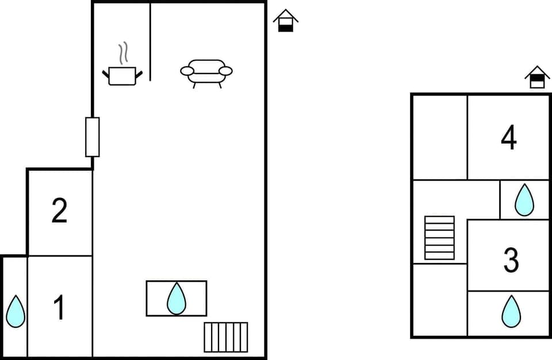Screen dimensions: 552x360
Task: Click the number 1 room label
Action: [x=59, y=307]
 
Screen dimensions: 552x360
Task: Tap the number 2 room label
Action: [x=59, y=210]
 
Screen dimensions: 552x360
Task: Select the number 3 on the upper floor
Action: [x=511, y=260]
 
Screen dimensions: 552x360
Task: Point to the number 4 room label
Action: [x=509, y=138]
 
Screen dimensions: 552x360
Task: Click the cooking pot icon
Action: [x=122, y=76]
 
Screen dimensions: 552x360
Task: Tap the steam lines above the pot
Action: [x=122, y=54]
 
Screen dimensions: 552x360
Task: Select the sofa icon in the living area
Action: [x=206, y=73]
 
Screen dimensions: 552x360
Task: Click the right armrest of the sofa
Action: [x=225, y=71]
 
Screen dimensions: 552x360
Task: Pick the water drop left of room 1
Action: [x=16, y=311]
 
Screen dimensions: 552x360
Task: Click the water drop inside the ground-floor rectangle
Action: [x=177, y=298]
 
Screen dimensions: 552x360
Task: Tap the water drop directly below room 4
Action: [x=524, y=200]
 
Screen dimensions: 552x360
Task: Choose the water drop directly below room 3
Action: [x=511, y=311]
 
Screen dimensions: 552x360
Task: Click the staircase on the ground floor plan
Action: [x=226, y=337]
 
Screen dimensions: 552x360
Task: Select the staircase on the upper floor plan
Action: [x=439, y=238]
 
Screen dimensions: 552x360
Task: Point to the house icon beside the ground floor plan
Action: [x=285, y=21]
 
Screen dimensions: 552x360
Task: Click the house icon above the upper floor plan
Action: [x=537, y=77]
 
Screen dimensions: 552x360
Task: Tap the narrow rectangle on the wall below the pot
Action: [x=92, y=137]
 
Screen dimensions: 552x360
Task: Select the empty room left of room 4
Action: [x=440, y=137]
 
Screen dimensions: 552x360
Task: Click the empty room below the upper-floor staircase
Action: [x=440, y=300]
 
